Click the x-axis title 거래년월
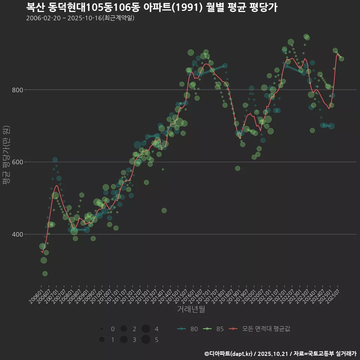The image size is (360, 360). coord(191,310)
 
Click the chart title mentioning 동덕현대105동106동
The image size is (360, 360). coord(152,7)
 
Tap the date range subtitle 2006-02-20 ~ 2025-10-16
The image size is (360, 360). coord(80,18)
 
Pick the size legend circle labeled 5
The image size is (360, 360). coord(146,340)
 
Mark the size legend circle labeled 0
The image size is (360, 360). coord(102,329)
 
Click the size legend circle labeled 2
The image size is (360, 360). coord(123,329)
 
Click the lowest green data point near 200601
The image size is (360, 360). coord(45,274)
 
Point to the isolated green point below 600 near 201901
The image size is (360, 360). coord(237,168)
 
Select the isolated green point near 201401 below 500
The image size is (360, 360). coord(164,210)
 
